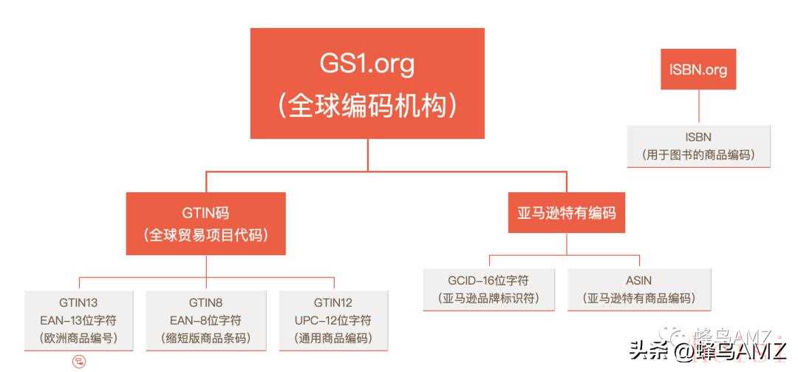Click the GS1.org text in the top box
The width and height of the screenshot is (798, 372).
(366, 65)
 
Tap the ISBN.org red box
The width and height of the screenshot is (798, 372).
(698, 70)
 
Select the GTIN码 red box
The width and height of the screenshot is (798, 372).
(205, 223)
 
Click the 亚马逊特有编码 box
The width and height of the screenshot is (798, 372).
(567, 212)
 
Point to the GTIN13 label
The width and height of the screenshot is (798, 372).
(78, 302)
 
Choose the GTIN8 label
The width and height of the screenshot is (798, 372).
(205, 302)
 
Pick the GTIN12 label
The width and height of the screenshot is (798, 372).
(332, 302)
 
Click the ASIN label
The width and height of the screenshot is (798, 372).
(638, 280)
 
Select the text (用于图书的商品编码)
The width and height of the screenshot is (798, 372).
(698, 155)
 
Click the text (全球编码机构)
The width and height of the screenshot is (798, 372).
(367, 106)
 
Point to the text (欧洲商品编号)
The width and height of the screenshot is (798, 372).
(78, 338)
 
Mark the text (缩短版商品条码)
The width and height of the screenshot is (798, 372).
(205, 338)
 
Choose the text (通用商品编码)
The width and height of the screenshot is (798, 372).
(332, 338)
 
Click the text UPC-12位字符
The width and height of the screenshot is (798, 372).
(332, 320)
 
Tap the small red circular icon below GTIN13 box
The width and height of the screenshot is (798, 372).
(79, 362)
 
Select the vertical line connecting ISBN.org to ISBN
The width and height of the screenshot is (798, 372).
(698, 107)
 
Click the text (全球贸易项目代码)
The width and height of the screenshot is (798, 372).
(205, 235)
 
